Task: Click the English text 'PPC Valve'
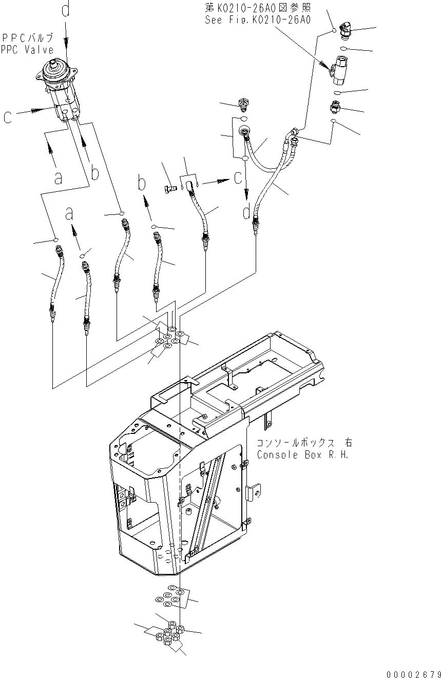click(x=27, y=50)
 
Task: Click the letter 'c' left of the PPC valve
click(x=8, y=117)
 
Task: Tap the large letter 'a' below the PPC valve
click(x=58, y=177)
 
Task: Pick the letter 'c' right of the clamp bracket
click(x=237, y=177)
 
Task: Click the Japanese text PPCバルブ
click(x=27, y=38)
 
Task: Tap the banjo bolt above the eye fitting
click(x=244, y=105)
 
